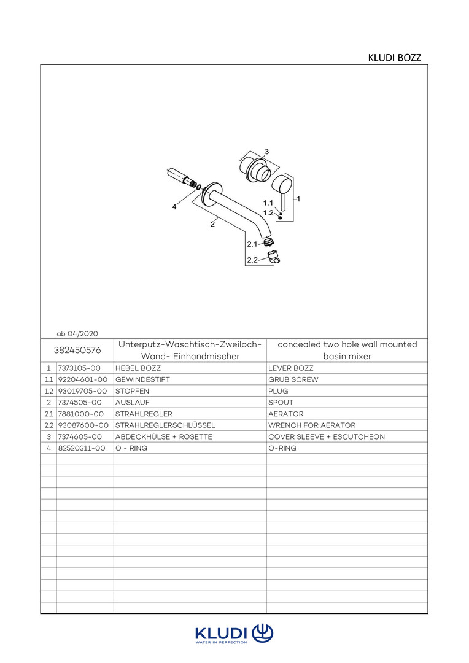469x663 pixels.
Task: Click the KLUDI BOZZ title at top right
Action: tap(394, 58)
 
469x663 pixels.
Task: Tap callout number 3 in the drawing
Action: tap(266, 151)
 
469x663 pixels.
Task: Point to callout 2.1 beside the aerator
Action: tap(252, 244)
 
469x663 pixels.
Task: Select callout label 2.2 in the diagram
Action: tap(252, 260)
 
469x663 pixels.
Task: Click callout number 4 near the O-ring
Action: tap(174, 207)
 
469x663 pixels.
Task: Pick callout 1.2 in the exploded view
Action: tap(268, 212)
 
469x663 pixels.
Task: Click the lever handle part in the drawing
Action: tap(282, 190)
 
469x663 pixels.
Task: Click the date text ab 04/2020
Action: tap(77, 333)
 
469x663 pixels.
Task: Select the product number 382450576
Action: tap(77, 350)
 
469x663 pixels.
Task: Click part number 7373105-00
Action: tap(79, 368)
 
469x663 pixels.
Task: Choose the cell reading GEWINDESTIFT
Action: tap(142, 380)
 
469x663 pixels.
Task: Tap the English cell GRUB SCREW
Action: tap(293, 380)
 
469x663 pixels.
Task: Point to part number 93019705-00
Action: tap(82, 391)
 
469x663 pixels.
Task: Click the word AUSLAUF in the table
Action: tap(130, 403)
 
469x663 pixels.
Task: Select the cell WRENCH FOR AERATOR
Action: tap(311, 425)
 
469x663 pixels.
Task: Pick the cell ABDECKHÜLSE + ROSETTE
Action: tap(163, 436)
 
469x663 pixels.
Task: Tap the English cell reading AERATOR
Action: tap(285, 414)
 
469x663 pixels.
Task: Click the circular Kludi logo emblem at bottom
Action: tap(262, 632)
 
